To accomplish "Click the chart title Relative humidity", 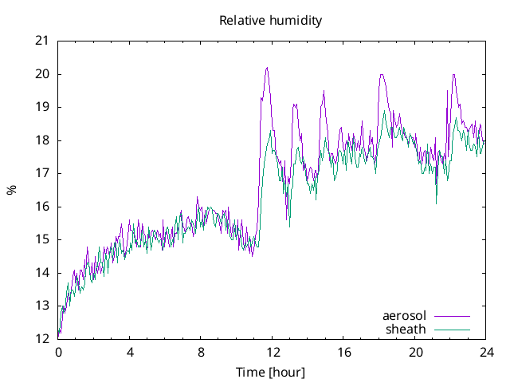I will (271, 21).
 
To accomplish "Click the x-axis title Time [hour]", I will (270, 373).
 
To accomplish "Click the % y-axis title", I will (11, 190).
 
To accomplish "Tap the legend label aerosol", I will (405, 316).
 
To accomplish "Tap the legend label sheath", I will (406, 329).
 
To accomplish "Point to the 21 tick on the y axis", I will (42, 41).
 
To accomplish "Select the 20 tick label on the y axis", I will (42, 74).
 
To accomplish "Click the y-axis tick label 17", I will (42, 173).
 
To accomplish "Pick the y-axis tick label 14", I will (42, 273).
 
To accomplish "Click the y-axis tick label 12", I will (42, 339).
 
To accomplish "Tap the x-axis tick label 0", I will (58, 352).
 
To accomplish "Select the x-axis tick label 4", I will (130, 352).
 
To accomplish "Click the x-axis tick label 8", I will (201, 352).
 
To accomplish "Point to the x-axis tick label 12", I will (273, 352).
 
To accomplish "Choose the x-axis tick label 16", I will (344, 352).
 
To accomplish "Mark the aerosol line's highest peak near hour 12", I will (267, 68).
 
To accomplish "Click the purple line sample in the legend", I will (452, 316).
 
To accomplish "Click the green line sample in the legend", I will (452, 329).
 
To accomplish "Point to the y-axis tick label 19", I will (42, 107).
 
